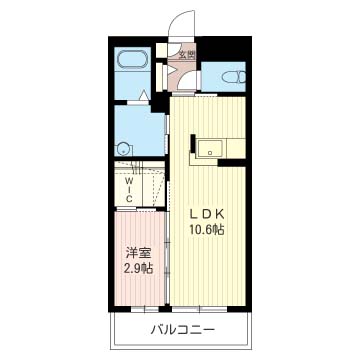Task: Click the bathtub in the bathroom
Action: coord(132,59)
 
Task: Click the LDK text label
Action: coord(206,213)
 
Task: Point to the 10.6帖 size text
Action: coord(207,229)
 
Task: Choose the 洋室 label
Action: coord(138,252)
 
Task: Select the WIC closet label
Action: coord(130,189)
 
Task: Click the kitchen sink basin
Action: coord(209,149)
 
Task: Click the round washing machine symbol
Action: coord(123,149)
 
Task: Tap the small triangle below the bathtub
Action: coord(144,95)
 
